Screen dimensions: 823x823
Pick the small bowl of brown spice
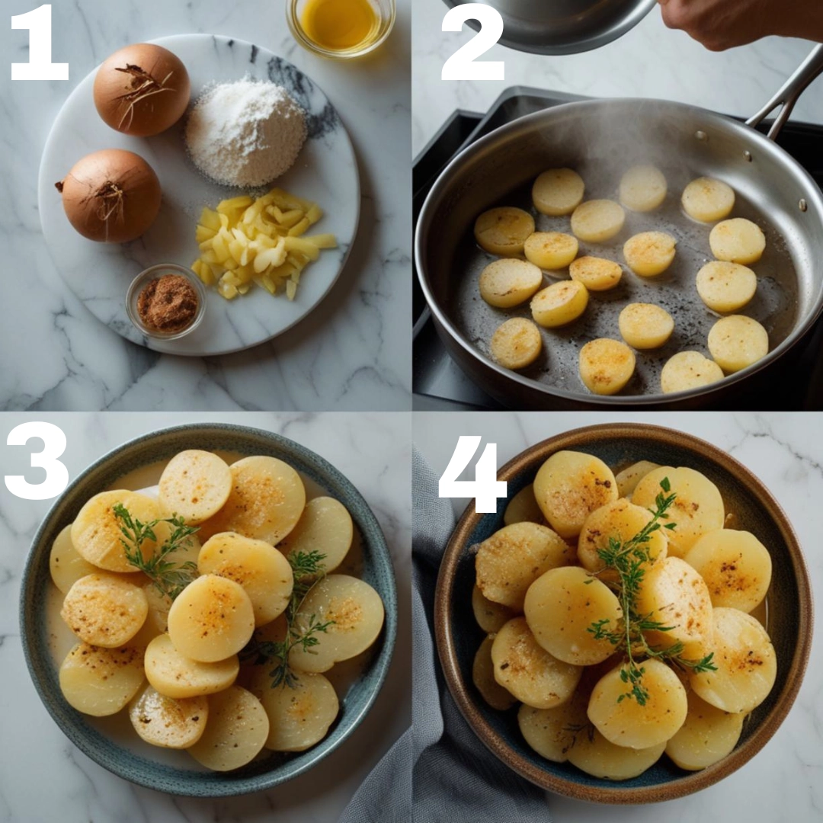pyautogui.click(x=166, y=301)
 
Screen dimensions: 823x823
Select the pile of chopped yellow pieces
pyautogui.click(x=262, y=242)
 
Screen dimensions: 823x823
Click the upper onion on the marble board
pyautogui.click(x=142, y=89)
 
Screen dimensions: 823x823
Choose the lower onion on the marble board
pyautogui.click(x=110, y=195)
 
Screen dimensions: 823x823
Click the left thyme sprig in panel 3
pyautogui.click(x=155, y=546)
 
